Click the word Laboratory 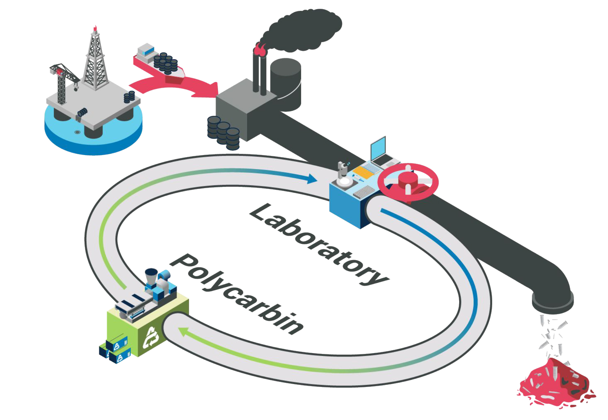319,244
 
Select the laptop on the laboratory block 381,151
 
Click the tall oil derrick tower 95,61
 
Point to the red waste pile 554,382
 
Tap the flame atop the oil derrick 95,29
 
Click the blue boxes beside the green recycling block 116,350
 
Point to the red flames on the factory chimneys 260,49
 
